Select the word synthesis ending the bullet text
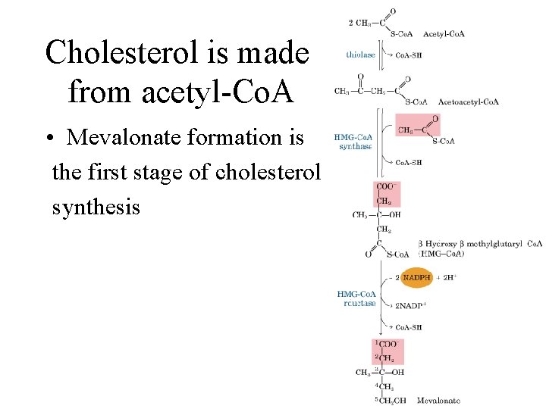pyautogui.click(x=96, y=206)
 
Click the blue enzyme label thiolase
pyautogui.click(x=360, y=54)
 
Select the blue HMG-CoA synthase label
pyautogui.click(x=354, y=142)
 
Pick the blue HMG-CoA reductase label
pyautogui.click(x=356, y=298)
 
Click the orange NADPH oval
pyautogui.click(x=417, y=278)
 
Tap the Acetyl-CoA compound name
pyautogui.click(x=444, y=33)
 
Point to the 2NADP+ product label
pyautogui.click(x=411, y=306)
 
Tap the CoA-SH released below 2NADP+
pyautogui.click(x=409, y=327)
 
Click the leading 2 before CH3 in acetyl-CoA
pyautogui.click(x=350, y=23)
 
